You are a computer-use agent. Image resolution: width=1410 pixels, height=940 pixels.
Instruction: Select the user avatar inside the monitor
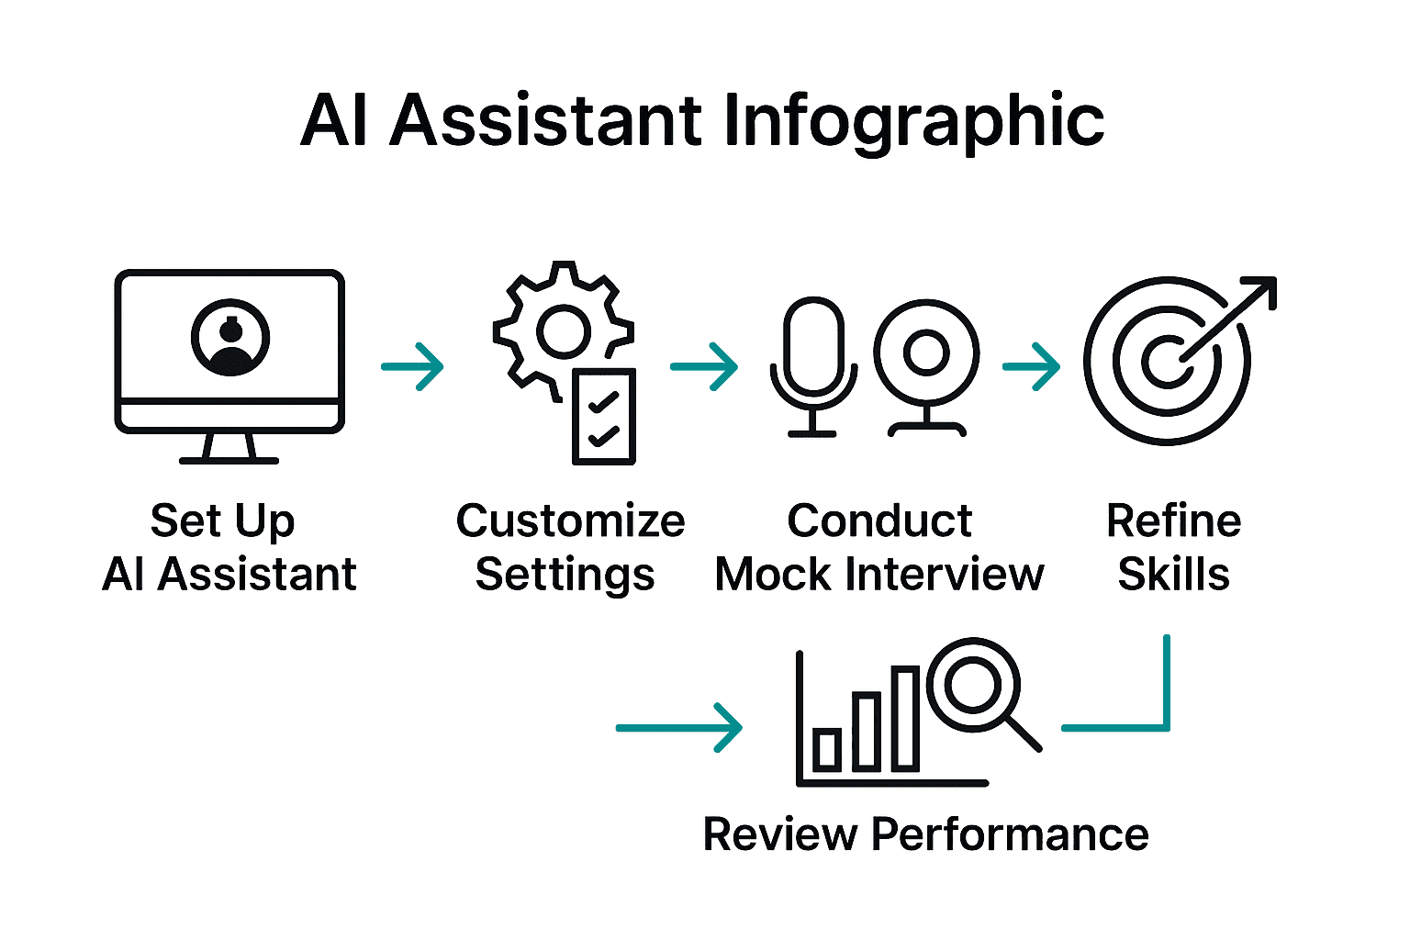click(230, 338)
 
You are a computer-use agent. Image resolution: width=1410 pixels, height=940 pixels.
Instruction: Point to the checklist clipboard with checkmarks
click(603, 417)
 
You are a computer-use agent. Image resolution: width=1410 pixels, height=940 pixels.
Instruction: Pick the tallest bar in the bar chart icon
click(905, 719)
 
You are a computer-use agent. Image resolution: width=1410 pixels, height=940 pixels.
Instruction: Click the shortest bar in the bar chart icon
click(827, 749)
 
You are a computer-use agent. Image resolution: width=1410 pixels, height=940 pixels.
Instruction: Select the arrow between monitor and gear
click(413, 367)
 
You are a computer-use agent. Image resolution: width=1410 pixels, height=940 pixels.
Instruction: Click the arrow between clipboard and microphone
click(704, 367)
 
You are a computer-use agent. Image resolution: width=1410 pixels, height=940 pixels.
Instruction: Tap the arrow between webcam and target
click(1032, 367)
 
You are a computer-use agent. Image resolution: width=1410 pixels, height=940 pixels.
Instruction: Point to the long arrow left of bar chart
click(679, 728)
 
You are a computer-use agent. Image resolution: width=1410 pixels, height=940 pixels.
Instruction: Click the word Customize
click(570, 521)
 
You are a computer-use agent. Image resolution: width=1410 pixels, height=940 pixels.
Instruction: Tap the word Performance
click(1010, 835)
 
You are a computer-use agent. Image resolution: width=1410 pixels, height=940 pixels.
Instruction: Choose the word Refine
click(1173, 521)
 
